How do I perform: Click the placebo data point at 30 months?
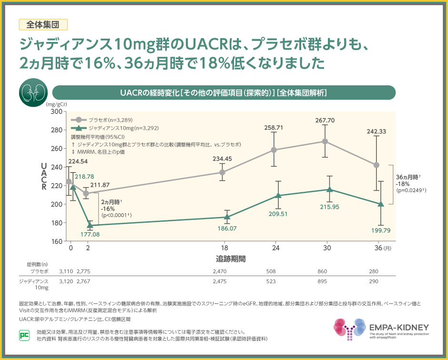tap(325, 141)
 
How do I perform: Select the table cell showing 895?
tap(322, 281)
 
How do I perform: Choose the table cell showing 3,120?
tap(66, 281)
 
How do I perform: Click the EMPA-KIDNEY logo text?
tap(399, 328)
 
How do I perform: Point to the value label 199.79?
tap(380, 230)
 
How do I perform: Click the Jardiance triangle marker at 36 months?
tap(380, 204)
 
